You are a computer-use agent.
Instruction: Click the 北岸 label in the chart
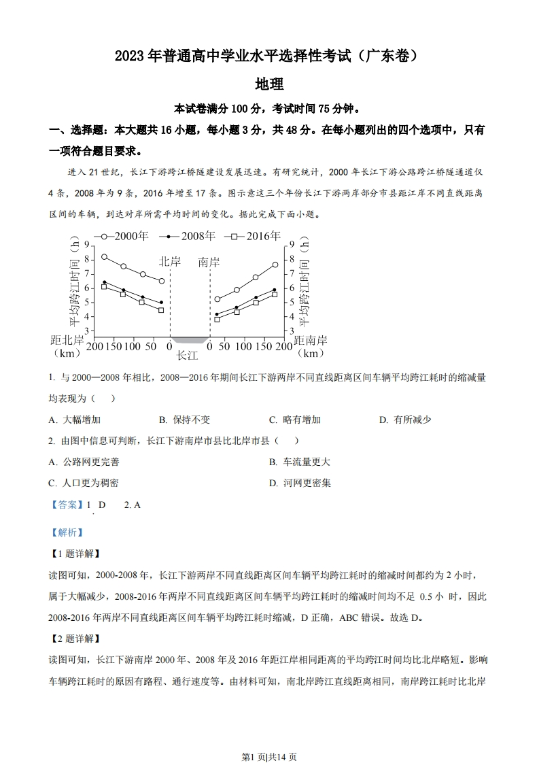[171, 262]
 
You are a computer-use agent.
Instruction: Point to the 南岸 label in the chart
[209, 262]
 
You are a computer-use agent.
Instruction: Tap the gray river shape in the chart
[190, 339]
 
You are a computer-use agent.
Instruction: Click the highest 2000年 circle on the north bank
[104, 257]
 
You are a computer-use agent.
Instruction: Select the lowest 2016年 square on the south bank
[217, 319]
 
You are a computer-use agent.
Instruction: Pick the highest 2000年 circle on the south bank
[275, 265]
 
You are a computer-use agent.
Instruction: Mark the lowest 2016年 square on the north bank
[161, 310]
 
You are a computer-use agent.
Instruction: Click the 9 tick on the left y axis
[84, 245]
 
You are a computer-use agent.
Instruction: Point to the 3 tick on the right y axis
[292, 331]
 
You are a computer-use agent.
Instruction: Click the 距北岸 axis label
[67, 340]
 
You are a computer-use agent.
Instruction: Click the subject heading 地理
[268, 84]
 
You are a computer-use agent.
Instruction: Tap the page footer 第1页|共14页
[269, 737]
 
